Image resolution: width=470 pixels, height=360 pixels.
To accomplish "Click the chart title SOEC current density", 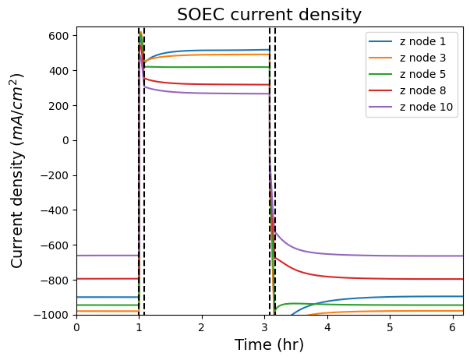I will tap(269, 15).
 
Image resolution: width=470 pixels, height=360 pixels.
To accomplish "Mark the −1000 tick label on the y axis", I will tap(55, 315).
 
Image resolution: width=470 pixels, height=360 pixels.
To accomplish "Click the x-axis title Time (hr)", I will tap(269, 344).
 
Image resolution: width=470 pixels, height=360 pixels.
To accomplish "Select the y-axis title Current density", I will tap(17, 170).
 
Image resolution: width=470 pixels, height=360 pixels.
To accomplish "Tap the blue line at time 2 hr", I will tap(202, 51).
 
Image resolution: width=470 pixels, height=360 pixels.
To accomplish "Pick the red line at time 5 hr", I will tap(390, 278).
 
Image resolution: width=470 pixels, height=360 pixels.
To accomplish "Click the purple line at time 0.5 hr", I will tap(108, 256).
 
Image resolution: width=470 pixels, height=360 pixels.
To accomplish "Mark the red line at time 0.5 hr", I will tap(108, 278).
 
